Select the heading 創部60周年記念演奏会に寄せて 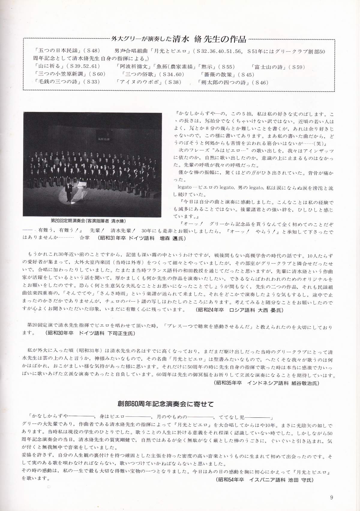tap(166, 404)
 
